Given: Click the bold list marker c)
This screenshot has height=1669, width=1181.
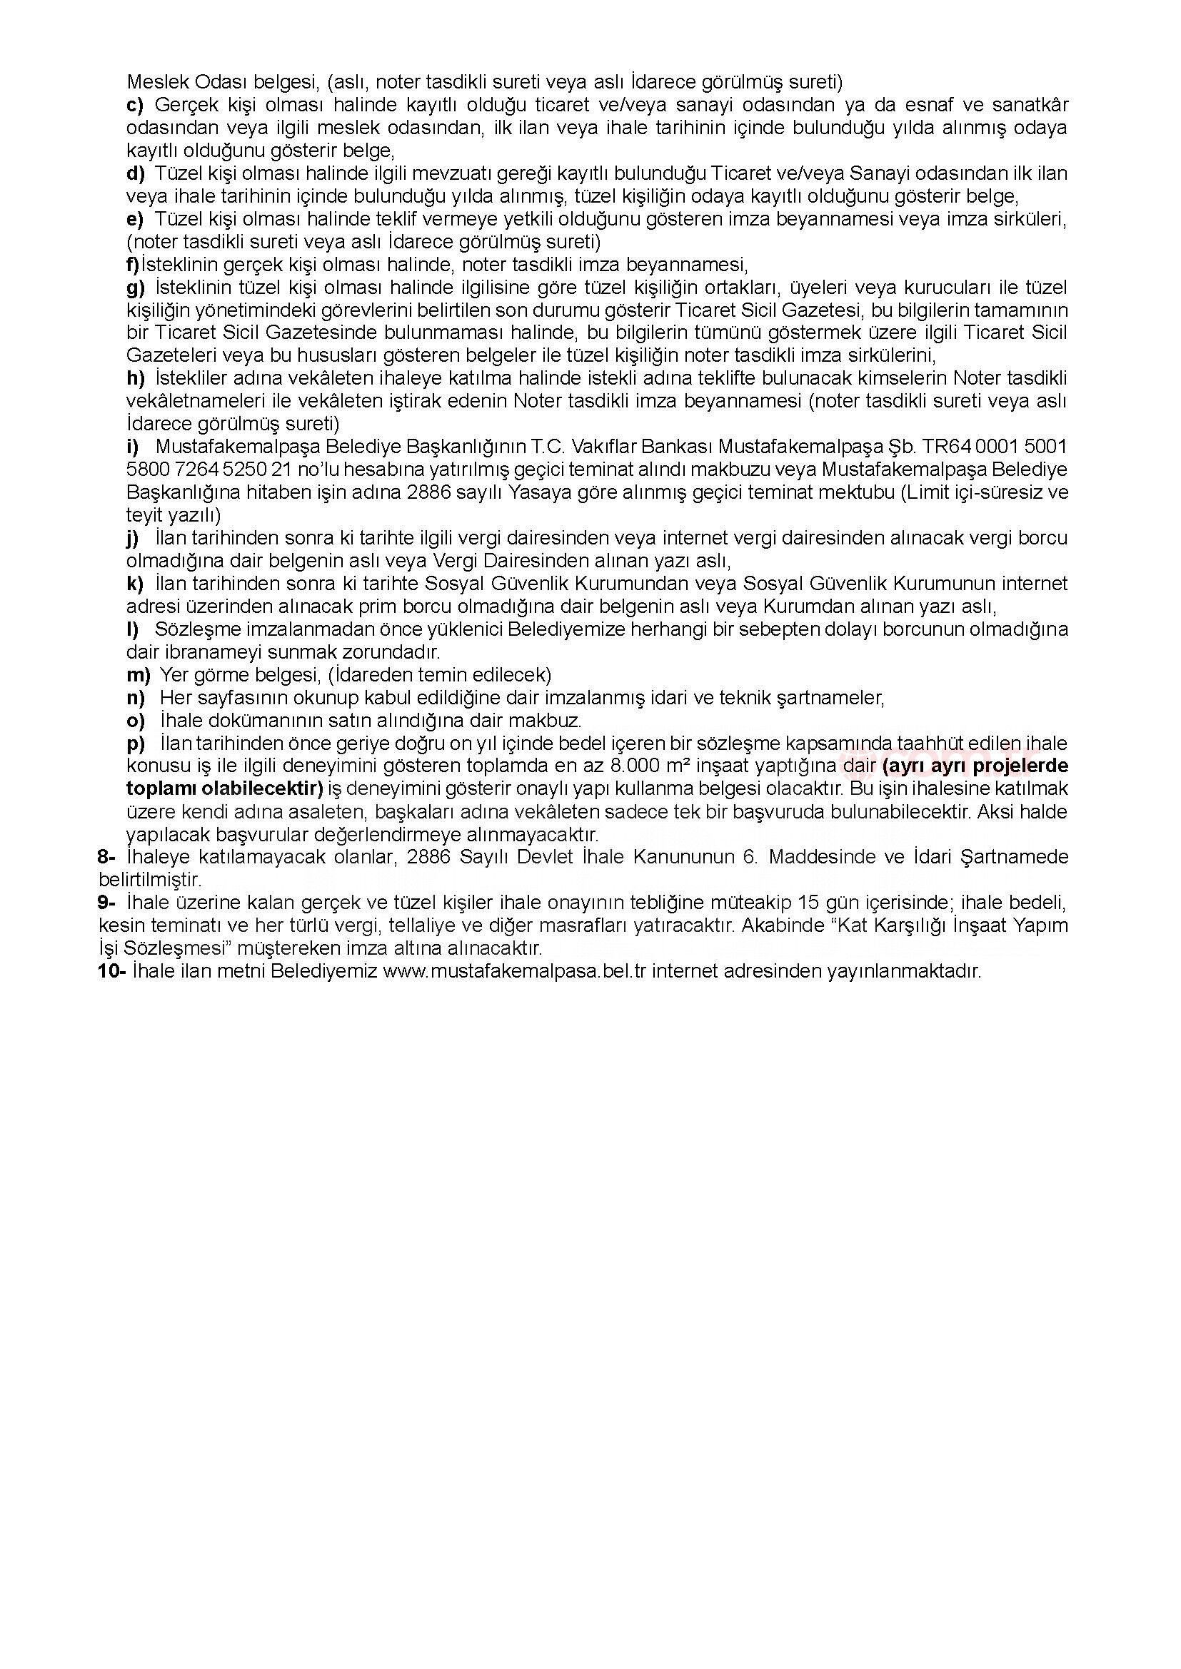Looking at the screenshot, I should pos(135,106).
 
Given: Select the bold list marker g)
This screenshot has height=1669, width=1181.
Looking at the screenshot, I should pos(136,287).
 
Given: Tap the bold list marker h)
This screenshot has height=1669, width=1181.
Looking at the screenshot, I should pos(136,378).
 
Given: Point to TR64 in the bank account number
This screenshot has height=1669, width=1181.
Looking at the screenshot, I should pos(948,446).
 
